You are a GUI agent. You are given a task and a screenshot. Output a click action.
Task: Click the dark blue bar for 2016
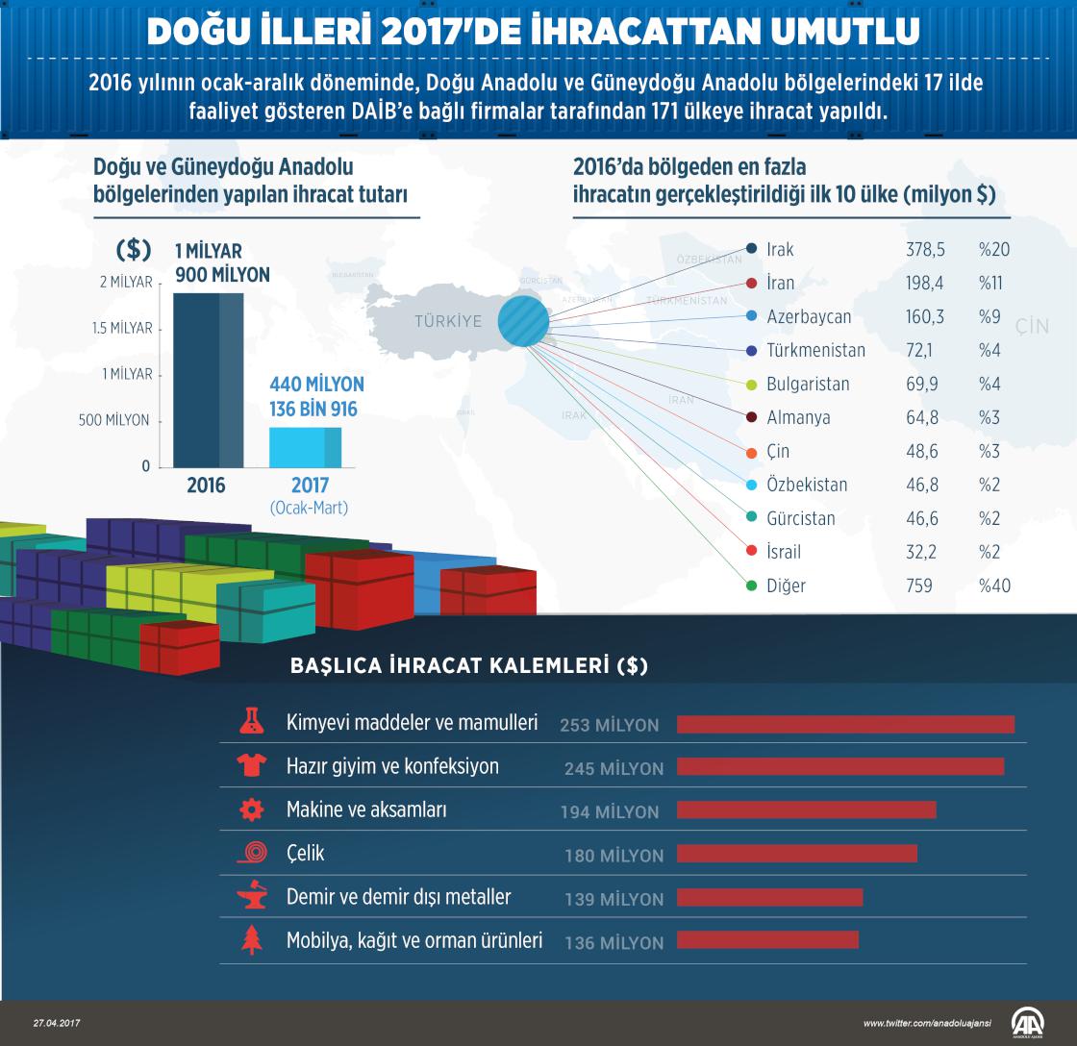click(208, 380)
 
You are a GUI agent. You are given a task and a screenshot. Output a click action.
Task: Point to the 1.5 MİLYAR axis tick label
click(123, 328)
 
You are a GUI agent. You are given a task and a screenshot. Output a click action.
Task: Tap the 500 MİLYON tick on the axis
click(114, 420)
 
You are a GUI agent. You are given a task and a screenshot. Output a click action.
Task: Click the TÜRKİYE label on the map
click(448, 321)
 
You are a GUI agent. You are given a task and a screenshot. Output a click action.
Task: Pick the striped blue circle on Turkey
click(524, 319)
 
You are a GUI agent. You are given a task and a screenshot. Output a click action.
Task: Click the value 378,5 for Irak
click(925, 250)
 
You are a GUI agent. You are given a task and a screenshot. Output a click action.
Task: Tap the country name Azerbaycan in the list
click(809, 317)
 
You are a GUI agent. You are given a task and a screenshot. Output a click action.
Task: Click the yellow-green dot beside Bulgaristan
click(752, 385)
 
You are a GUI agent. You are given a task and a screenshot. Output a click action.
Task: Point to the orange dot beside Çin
click(752, 452)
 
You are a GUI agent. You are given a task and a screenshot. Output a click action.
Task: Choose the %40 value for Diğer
click(994, 585)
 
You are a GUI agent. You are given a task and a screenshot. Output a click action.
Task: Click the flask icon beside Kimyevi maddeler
click(251, 722)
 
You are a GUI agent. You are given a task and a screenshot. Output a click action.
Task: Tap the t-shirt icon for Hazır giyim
click(251, 766)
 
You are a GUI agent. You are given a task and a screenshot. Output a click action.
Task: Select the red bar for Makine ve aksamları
click(806, 810)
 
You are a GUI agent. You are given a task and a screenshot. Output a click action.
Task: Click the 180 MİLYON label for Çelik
click(614, 856)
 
